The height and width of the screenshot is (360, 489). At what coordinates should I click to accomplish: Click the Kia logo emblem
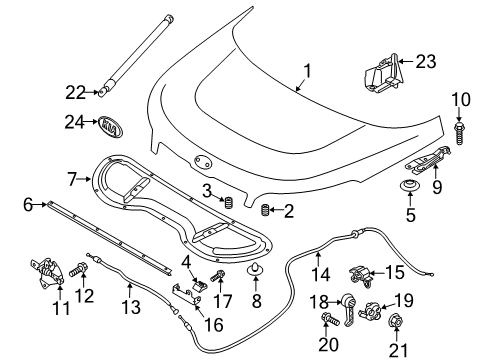(111, 127)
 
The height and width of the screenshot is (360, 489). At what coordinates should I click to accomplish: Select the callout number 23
(426, 62)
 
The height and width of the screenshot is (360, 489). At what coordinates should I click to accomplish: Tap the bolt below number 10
(459, 133)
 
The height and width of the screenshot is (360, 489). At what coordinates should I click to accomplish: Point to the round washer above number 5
(410, 186)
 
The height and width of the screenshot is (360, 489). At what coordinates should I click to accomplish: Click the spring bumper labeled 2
(264, 210)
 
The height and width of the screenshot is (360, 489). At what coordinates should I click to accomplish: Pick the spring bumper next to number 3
(229, 203)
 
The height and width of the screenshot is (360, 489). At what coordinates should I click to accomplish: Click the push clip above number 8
(255, 269)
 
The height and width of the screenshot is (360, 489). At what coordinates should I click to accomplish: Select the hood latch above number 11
(47, 272)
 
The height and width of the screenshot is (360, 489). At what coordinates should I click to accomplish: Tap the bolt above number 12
(78, 269)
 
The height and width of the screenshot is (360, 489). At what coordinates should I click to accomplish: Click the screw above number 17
(217, 275)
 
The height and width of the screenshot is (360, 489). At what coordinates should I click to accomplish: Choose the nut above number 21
(396, 321)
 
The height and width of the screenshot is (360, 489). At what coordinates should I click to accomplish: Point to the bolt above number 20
(330, 319)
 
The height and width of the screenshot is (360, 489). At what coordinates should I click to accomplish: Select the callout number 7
(72, 179)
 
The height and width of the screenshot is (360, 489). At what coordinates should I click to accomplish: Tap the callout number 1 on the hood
(307, 71)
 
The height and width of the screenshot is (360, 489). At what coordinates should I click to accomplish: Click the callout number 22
(76, 92)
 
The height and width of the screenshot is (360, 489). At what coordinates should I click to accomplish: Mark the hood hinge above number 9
(429, 161)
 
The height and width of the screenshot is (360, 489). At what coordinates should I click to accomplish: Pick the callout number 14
(321, 275)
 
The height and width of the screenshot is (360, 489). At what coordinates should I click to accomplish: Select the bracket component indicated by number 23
(383, 74)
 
